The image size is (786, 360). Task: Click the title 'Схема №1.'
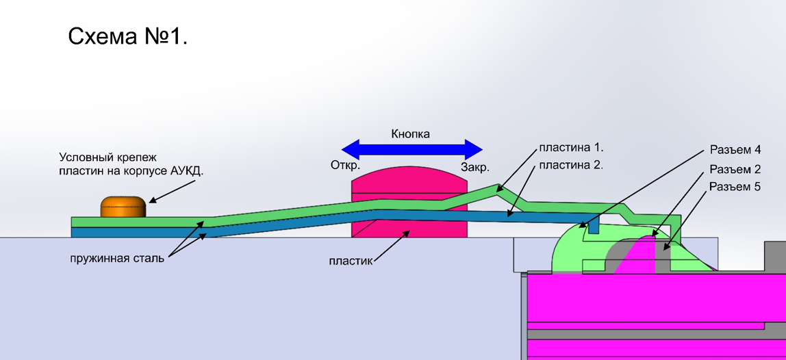coord(127,37)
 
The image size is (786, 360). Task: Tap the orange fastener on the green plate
coord(123,207)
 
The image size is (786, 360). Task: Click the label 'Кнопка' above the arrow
coord(410,134)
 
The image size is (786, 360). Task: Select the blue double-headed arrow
coord(411,149)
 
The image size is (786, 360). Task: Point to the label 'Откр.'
coord(345,166)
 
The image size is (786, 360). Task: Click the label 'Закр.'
coord(474,168)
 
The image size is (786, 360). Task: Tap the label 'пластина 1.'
coord(571,148)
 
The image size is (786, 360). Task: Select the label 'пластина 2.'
coord(571,165)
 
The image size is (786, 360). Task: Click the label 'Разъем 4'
coord(735,150)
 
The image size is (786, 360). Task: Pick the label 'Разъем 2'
coord(735,170)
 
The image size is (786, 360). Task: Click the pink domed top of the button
coord(409,181)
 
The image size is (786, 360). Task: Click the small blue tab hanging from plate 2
coord(593,224)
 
